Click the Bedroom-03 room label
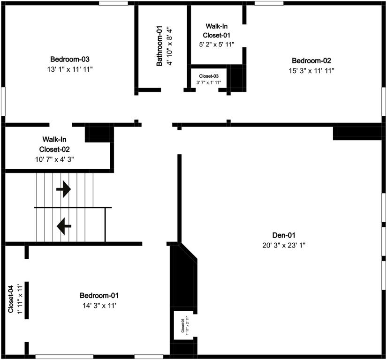coord(70,60)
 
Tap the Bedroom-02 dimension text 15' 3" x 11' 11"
coord(311,70)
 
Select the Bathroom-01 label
coord(160,45)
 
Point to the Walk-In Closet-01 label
coord(217,30)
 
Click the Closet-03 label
coord(209,76)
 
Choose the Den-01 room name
coord(284,235)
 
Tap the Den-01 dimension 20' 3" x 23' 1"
coord(284,245)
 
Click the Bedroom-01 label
coord(99,296)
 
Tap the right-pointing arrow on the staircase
coord(63,189)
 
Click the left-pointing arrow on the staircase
coord(64,226)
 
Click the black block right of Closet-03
coord(237,77)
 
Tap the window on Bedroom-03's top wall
coord(113,3)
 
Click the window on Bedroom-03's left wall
coord(3,100)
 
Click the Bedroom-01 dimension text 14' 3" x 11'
coord(99,306)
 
